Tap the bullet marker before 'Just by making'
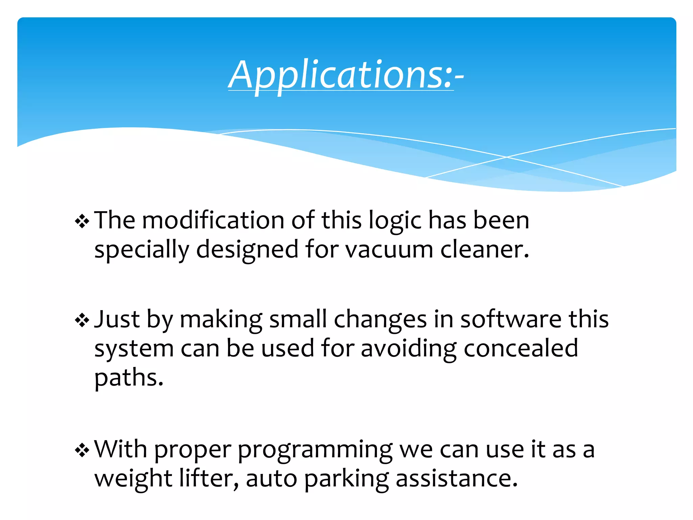pos(82,320)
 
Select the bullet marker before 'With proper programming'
pos(82,451)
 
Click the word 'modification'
pos(213,221)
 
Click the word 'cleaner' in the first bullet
pos(484,250)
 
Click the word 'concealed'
pos(520,349)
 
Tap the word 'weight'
pos(133,480)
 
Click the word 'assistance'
pos(456,479)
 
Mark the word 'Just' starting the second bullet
pos(117,319)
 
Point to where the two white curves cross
pos(507,157)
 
